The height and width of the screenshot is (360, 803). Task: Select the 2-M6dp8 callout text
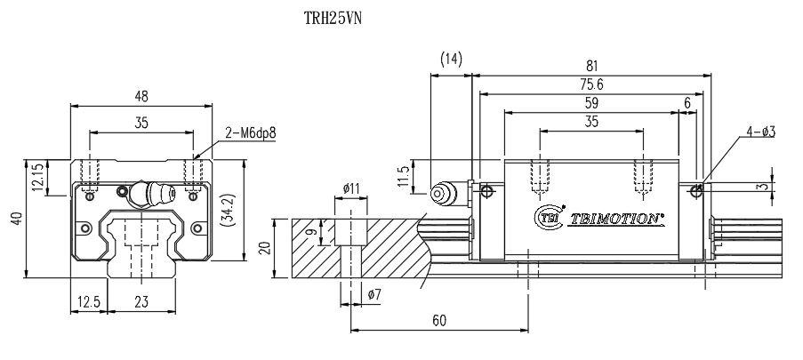pos(251,132)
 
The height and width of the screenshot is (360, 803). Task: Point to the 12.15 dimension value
pos(36,177)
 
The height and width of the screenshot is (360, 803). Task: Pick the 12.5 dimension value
pos(88,302)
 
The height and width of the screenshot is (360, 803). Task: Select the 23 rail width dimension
pos(141,302)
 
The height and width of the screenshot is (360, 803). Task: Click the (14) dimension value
pos(452,60)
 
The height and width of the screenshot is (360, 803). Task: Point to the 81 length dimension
pos(590,65)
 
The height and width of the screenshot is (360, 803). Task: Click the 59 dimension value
pos(590,103)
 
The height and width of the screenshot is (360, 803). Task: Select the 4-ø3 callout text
pos(761,132)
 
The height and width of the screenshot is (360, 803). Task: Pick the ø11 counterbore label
pos(350,188)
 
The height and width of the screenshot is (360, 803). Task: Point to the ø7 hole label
pos(373,293)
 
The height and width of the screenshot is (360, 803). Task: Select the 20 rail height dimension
pos(262,247)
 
